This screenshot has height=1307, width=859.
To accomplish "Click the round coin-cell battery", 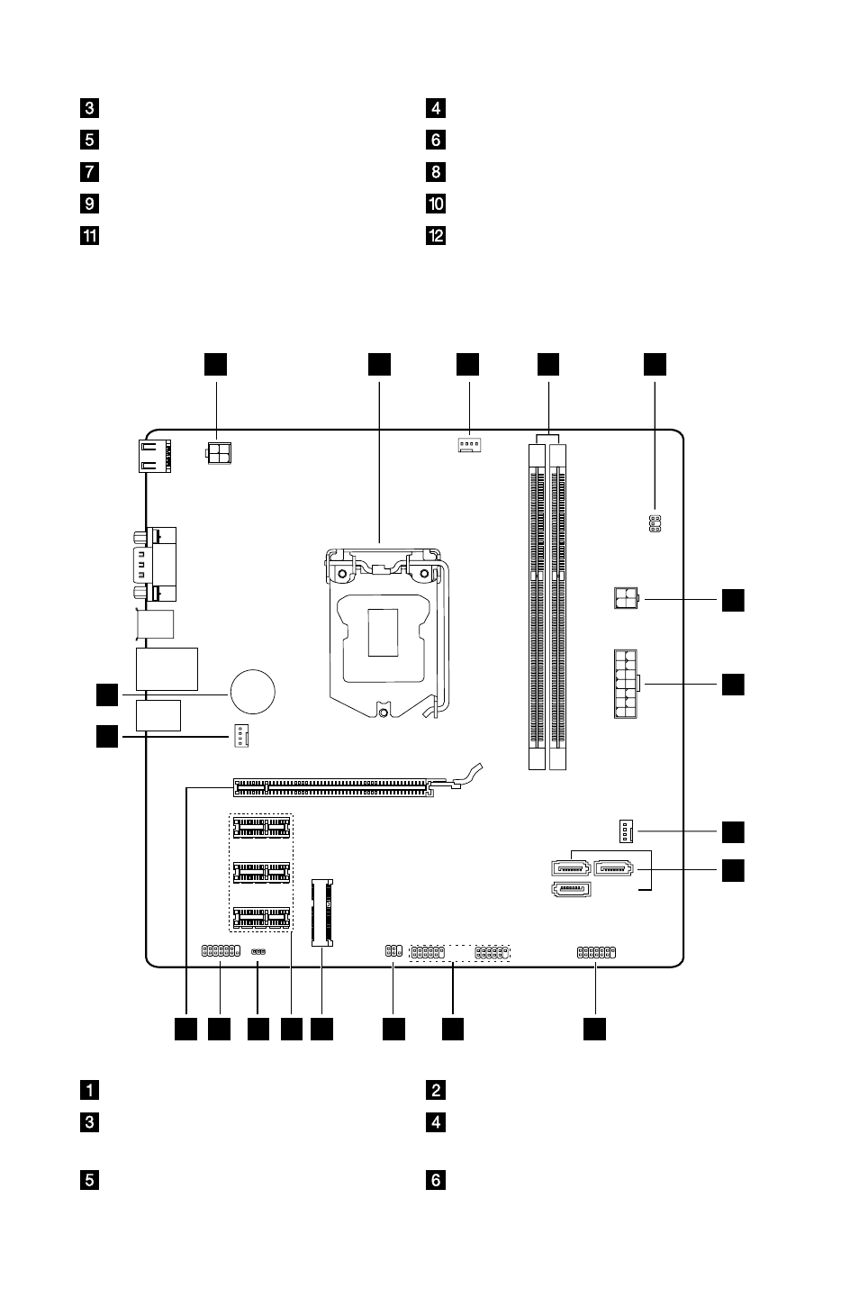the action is click(x=252, y=692).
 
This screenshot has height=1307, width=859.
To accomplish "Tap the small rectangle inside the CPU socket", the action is click(x=383, y=632).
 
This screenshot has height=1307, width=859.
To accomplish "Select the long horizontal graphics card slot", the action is click(x=333, y=787).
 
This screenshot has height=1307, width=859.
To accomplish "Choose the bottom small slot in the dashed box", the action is click(x=261, y=917).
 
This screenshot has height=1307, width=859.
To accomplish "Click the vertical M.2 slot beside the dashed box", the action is click(x=322, y=912).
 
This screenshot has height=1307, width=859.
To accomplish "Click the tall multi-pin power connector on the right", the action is click(x=626, y=684).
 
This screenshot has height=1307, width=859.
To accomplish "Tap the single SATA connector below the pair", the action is click(x=571, y=889).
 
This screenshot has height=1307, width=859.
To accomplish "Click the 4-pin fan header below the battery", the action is click(x=240, y=736).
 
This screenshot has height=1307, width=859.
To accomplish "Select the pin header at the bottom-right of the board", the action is click(x=596, y=952).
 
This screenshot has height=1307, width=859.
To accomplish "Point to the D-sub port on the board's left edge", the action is click(x=155, y=564).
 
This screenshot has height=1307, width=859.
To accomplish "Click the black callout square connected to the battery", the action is click(x=107, y=694).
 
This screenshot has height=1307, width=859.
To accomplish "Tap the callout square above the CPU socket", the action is click(x=379, y=364).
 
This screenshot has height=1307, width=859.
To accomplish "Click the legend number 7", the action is click(x=89, y=171).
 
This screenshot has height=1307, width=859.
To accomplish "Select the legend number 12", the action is click(x=436, y=236).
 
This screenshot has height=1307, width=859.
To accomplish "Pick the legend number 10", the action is click(x=436, y=204).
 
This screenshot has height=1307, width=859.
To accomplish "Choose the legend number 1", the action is click(x=89, y=1089).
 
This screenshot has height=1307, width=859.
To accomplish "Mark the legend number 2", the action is click(x=436, y=1089).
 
